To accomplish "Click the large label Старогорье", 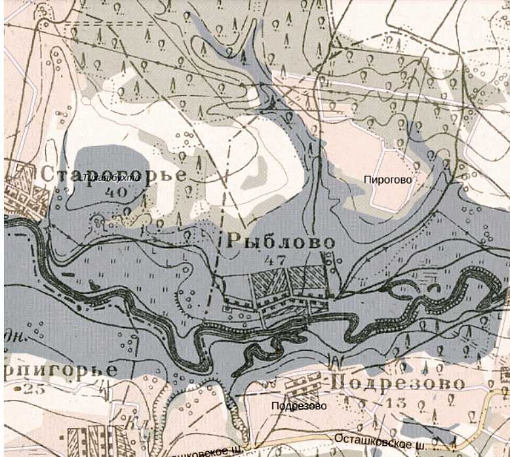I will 113,175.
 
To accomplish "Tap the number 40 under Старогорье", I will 115,193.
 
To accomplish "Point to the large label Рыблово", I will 281,241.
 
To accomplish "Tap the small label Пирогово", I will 389,178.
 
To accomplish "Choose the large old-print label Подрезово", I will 399,382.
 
